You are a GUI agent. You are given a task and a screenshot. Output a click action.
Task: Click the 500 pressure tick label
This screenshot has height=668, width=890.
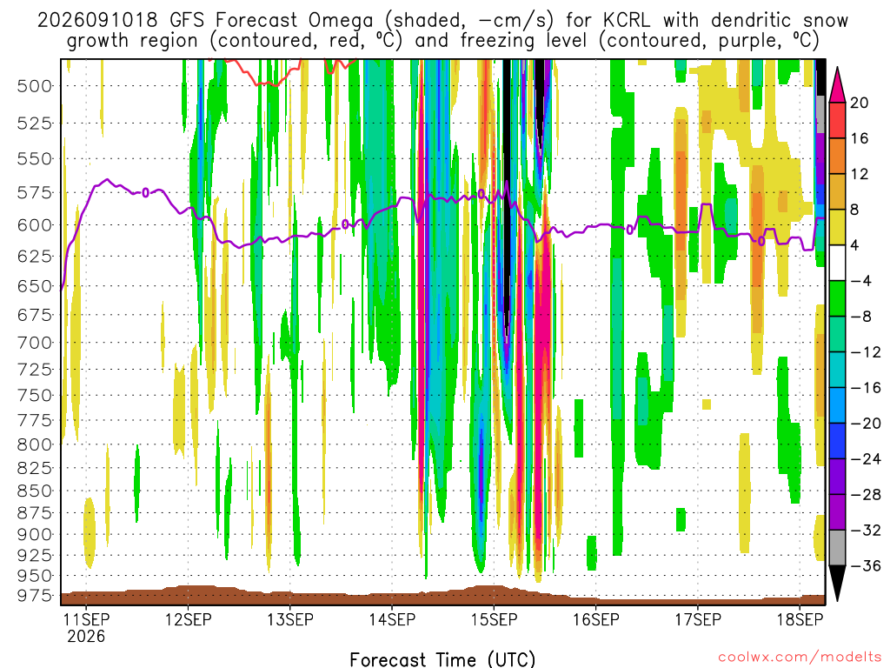35,86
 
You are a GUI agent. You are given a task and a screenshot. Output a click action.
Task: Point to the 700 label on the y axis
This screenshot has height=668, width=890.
35,343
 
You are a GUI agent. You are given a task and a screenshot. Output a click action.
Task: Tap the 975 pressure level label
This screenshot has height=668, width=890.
35,595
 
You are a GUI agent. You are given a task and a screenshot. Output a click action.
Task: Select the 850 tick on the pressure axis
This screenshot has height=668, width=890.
35,491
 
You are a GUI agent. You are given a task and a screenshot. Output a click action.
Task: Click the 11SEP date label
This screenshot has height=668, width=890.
86,618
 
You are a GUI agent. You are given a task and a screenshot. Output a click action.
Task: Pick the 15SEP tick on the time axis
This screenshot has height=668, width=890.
494,618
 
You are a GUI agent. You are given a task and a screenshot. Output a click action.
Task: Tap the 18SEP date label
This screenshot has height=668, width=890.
800,618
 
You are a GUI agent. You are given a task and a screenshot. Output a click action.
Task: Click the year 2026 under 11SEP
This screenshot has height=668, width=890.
86,636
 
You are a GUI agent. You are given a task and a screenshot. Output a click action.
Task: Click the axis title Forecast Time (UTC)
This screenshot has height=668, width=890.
442,659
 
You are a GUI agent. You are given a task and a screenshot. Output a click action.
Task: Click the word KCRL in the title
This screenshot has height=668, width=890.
628,20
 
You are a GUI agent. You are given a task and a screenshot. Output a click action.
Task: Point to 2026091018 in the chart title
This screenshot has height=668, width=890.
97,20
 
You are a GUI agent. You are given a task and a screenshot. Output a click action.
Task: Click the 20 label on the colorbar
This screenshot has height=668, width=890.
859,103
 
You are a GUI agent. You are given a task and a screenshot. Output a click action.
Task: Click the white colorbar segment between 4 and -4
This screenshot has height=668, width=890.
837,263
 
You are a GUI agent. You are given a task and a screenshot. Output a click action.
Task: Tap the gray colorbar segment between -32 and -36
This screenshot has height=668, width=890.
837,548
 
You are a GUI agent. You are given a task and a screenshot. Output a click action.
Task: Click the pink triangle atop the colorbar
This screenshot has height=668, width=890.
837,84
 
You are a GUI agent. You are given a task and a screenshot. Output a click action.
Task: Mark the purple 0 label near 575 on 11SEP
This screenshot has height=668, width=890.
146,192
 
